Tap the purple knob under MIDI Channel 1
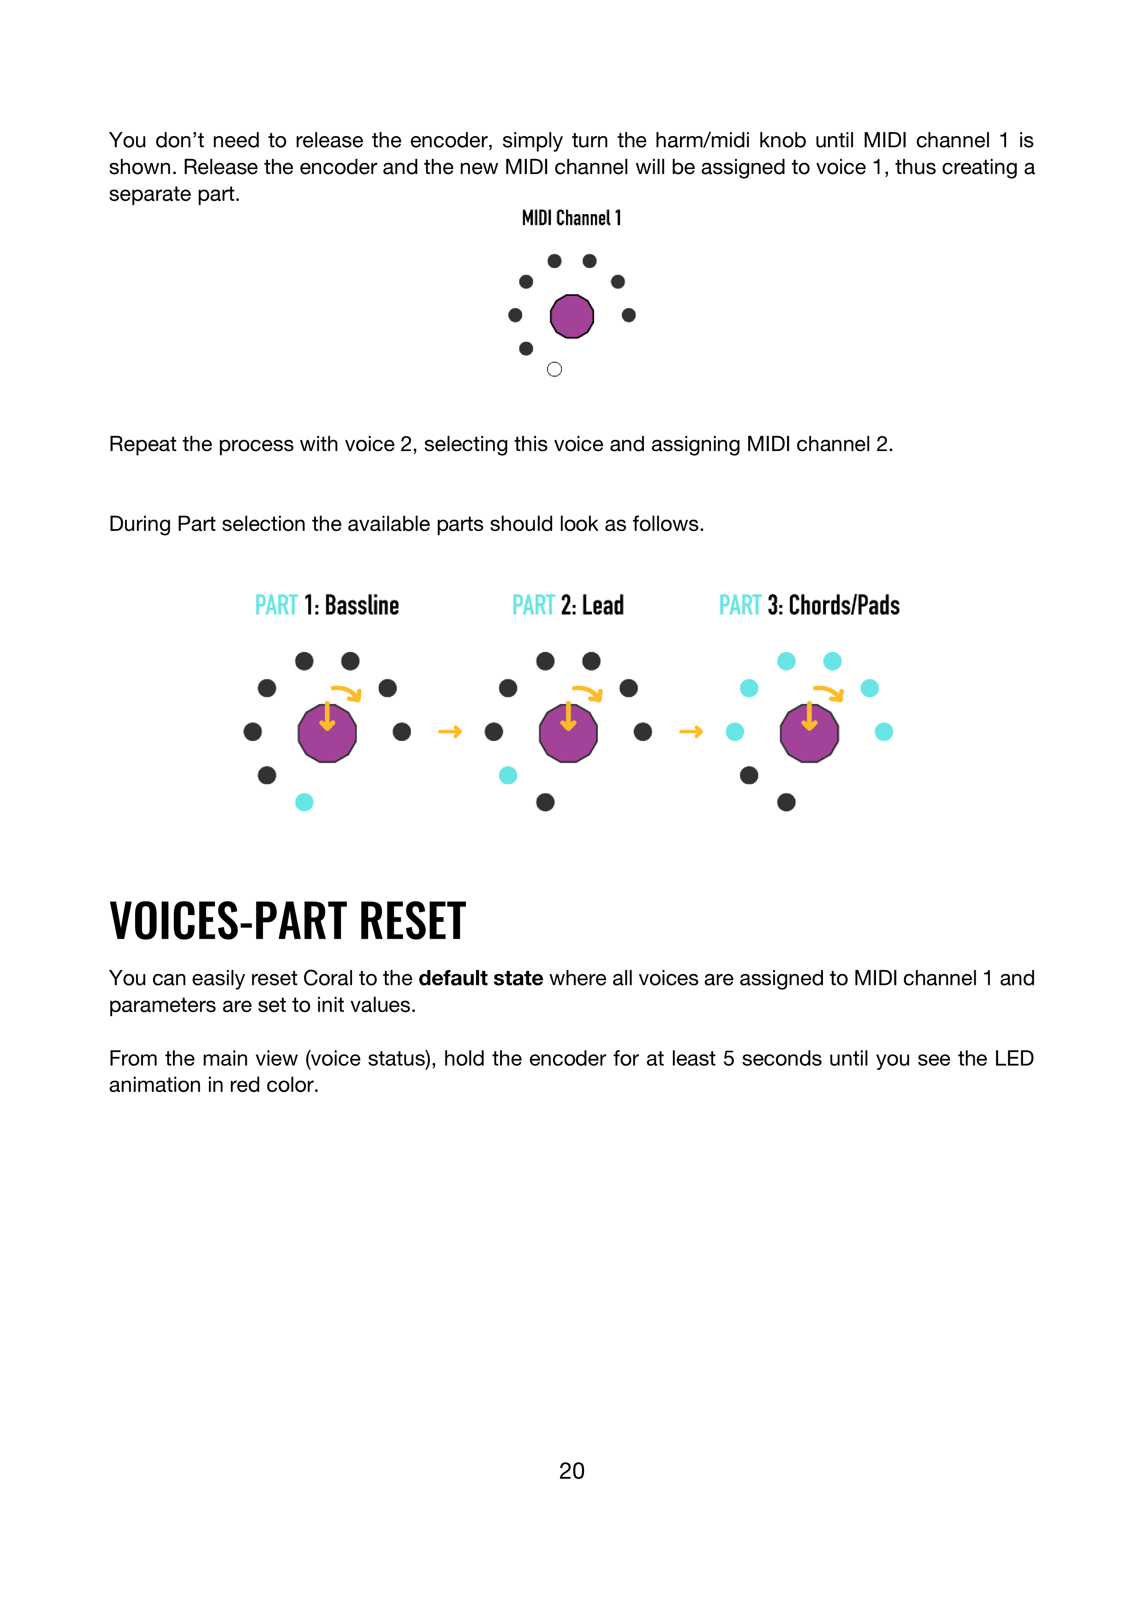572,316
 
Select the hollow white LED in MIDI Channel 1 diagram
554,370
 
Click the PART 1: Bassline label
326,605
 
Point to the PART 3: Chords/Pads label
809,605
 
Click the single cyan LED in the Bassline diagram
304,803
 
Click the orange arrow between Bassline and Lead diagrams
450,732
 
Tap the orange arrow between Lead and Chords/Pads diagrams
691,732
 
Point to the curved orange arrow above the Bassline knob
347,692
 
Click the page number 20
572,1471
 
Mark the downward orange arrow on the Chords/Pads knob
809,716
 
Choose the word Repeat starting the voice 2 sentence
143,444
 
